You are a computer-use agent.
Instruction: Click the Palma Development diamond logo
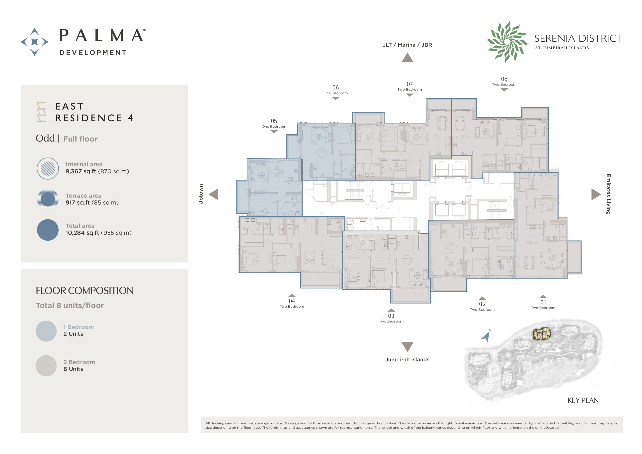34,42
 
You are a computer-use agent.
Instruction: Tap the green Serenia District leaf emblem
507,42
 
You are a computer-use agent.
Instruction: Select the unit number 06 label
335,87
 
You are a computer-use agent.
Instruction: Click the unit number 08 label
504,79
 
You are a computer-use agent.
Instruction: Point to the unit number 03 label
391,316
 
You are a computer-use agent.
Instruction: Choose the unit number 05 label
274,121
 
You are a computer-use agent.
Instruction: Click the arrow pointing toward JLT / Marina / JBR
408,58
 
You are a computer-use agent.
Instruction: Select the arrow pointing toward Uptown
214,194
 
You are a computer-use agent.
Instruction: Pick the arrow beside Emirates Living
596,194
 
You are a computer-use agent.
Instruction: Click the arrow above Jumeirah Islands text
408,347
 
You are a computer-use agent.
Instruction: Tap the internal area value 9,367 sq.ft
81,172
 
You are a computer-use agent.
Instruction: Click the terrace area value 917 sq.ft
78,203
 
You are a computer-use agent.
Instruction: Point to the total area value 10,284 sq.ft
82,233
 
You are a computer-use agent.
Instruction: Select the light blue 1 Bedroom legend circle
46,331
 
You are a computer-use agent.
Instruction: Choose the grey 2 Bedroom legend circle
46,366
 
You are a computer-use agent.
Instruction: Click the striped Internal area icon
48,168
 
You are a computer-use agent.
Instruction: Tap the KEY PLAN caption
583,400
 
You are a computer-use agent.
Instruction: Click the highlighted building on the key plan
542,334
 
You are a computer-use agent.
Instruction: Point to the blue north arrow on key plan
487,336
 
